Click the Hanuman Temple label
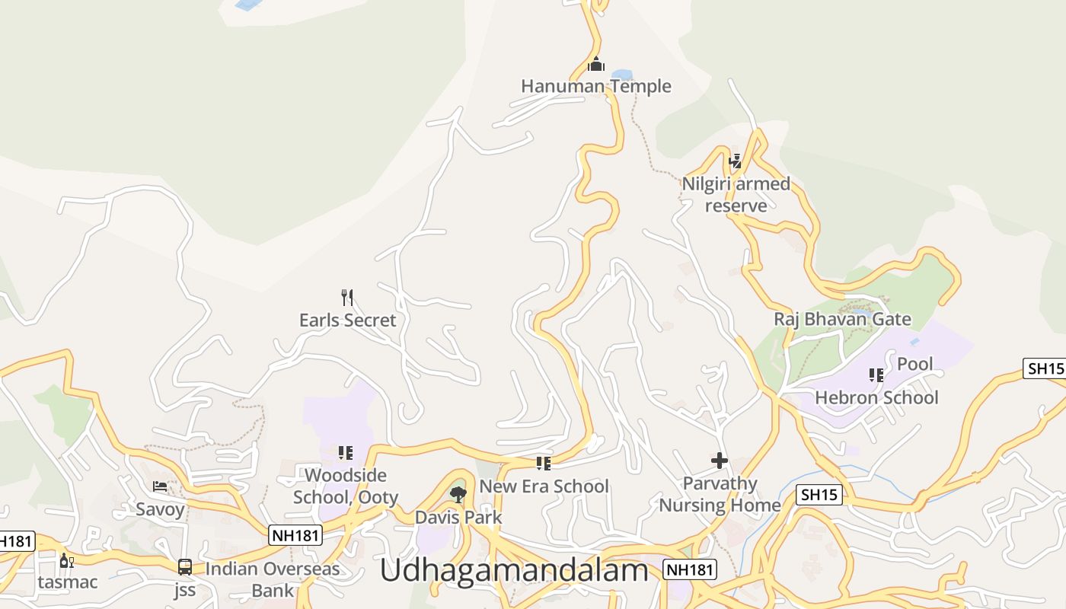tap(596, 86)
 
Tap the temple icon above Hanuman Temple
tap(596, 64)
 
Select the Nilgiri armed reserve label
tap(736, 195)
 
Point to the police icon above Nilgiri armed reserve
tap(736, 161)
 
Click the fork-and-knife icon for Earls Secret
tap(347, 297)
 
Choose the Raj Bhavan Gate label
tap(842, 319)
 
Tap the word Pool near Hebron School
tap(914, 364)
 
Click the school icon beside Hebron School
tap(876, 375)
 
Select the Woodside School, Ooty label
tap(346, 486)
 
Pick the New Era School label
tap(544, 486)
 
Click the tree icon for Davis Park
tap(458, 495)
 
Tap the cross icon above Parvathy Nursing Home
tap(720, 461)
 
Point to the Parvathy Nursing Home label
tap(720, 494)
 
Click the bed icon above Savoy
tap(160, 486)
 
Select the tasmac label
tap(68, 582)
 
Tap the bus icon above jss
tap(184, 566)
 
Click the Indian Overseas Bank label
tap(272, 579)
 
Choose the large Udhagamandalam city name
tap(514, 569)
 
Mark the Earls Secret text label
tap(347, 320)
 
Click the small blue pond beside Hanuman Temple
tap(622, 75)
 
